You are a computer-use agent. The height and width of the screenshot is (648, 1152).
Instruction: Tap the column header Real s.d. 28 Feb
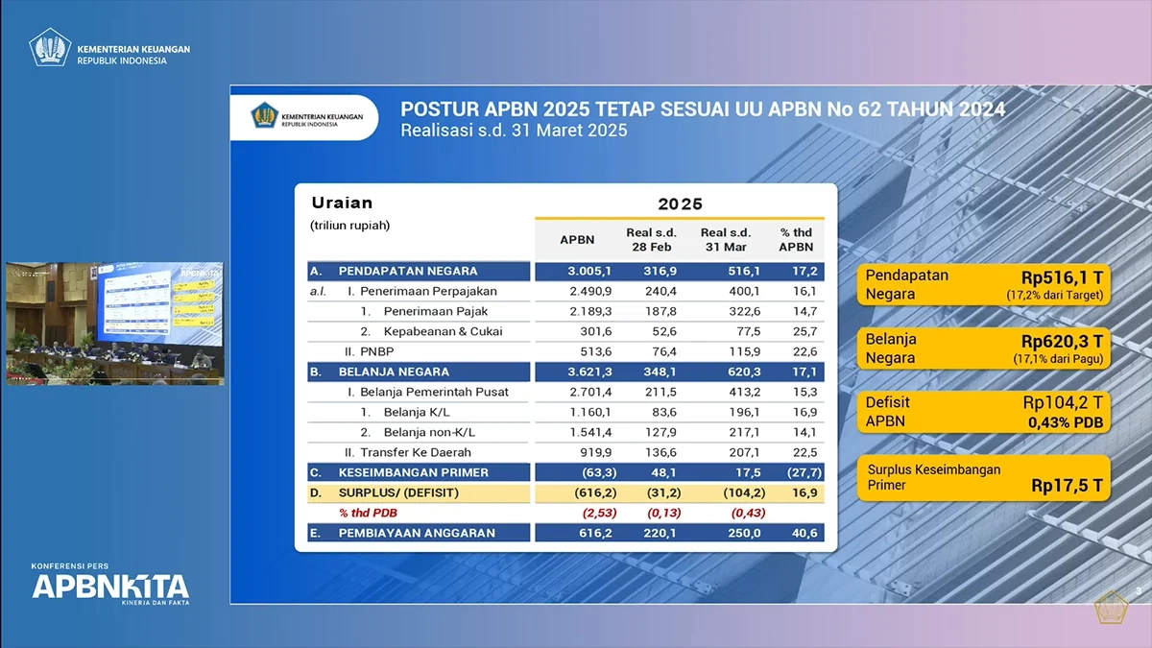[652, 239]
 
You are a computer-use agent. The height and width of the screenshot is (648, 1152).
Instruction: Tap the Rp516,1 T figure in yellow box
[1062, 276]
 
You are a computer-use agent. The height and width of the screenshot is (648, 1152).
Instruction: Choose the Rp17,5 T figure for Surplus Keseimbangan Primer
[1068, 486]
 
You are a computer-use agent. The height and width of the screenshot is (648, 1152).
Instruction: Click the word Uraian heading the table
[342, 203]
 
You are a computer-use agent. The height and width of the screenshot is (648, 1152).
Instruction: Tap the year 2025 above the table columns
[680, 204]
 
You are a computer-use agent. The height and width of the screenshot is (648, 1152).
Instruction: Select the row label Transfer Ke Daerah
[416, 452]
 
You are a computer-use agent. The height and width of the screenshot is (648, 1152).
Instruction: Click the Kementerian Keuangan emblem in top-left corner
[50, 47]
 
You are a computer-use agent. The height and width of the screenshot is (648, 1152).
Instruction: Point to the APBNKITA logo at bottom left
[109, 585]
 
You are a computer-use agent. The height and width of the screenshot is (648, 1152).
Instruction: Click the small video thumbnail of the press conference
[114, 324]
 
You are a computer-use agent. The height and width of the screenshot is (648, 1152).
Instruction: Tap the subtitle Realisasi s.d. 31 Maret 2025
[514, 131]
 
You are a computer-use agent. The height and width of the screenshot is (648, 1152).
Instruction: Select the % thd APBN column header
[796, 239]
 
